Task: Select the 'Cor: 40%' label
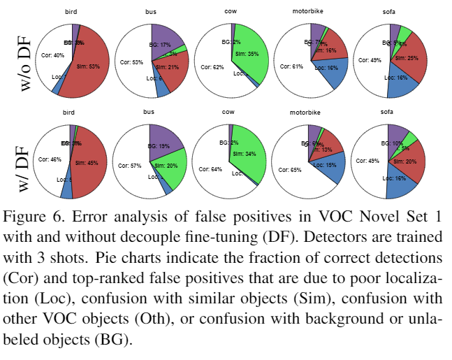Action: point(53,55)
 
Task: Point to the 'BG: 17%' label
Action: point(160,44)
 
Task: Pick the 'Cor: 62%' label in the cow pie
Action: point(211,68)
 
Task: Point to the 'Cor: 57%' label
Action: point(132,166)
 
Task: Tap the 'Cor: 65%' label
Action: point(290,169)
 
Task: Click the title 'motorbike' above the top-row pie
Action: point(308,13)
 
